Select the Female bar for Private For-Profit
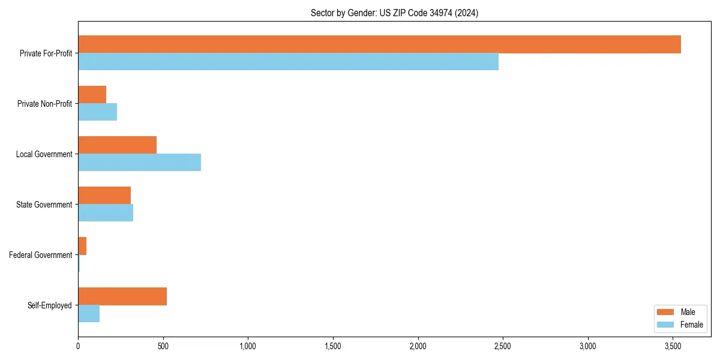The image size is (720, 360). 288,62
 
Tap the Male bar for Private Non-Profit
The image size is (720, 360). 92,95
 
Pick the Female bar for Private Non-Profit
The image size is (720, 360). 97,112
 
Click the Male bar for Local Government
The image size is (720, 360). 117,145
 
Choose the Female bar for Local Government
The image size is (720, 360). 139,163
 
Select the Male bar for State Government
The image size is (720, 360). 104,196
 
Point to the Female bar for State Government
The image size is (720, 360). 106,213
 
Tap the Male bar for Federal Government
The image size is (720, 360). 82,246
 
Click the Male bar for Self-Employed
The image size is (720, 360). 122,296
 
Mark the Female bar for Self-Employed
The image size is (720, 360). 89,314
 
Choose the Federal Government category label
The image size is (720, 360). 41,255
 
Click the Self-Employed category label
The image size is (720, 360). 50,305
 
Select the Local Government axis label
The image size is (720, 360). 44,154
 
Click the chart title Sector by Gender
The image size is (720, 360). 394,13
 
